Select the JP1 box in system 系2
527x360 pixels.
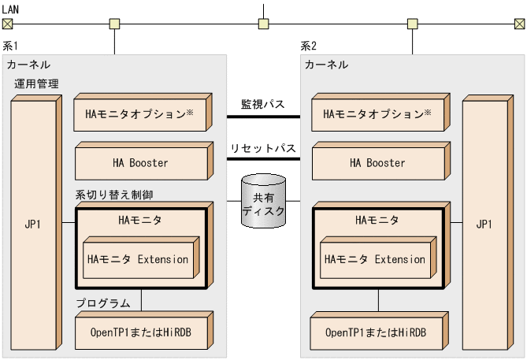click(x=484, y=225)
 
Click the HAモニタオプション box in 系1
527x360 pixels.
click(x=139, y=114)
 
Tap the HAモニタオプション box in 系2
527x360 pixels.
click(x=377, y=114)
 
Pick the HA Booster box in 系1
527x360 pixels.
click(x=139, y=163)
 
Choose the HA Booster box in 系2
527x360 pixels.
click(x=377, y=163)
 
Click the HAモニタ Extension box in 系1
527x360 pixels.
click(x=138, y=259)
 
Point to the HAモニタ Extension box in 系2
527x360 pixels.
click(x=375, y=259)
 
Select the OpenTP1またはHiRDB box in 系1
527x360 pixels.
click(x=139, y=332)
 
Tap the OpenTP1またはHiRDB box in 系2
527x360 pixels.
click(x=377, y=332)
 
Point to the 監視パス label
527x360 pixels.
click(x=263, y=103)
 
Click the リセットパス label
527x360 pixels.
click(x=263, y=147)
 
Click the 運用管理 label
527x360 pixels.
click(x=36, y=84)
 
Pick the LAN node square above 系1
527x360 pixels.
click(x=115, y=23)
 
